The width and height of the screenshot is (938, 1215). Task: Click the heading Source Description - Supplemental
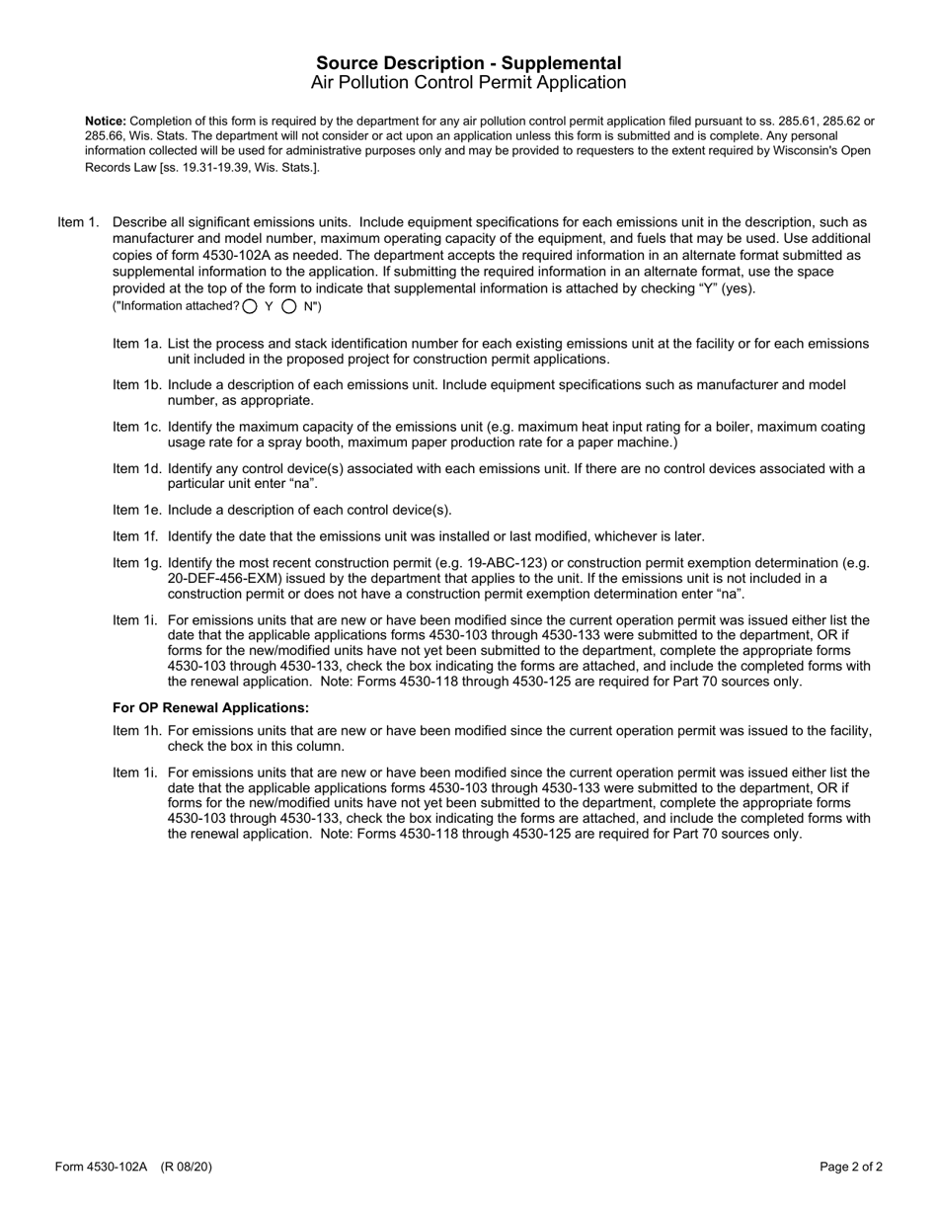point(469,63)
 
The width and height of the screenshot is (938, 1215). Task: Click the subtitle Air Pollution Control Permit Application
point(469,83)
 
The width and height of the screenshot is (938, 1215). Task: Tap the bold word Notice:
point(106,121)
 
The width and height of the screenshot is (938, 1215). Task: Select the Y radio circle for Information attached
point(250,306)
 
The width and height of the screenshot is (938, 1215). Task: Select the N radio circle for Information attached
point(289,306)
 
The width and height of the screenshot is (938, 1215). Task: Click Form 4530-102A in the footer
point(101,1168)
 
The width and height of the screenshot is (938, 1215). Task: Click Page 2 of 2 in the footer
point(851,1168)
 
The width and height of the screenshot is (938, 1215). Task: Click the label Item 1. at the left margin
point(78,223)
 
